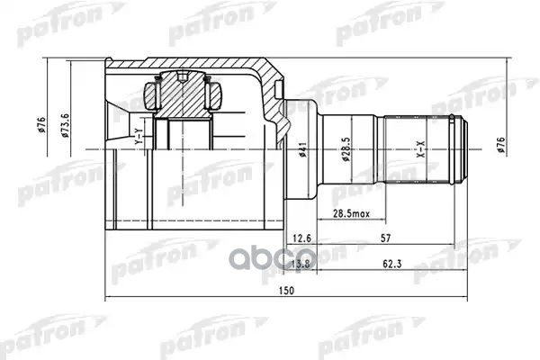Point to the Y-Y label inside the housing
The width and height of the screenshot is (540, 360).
[139, 138]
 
